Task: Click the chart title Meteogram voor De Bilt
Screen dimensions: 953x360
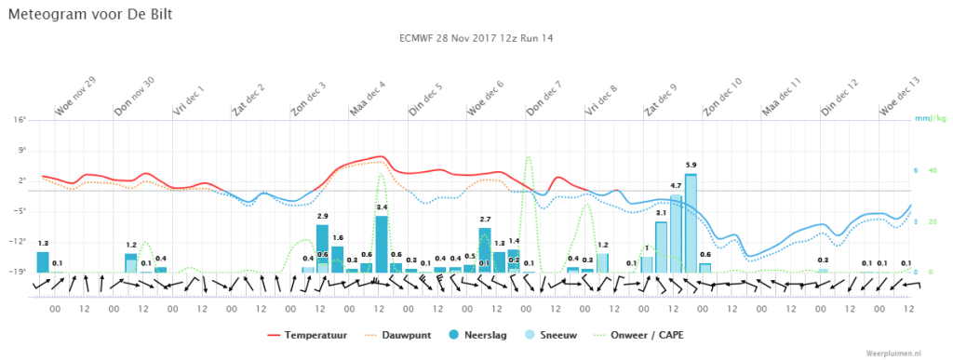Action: [x=89, y=15]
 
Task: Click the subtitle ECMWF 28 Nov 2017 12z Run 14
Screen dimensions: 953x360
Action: [x=476, y=38]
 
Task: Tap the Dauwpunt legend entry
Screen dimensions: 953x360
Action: [x=397, y=335]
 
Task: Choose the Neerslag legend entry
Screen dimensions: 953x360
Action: [x=477, y=335]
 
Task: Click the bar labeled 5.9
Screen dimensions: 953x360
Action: [x=691, y=223]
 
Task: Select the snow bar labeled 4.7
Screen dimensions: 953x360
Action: [x=676, y=233]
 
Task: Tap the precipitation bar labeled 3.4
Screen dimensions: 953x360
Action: [x=382, y=244]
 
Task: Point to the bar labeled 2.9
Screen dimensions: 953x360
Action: [x=322, y=248]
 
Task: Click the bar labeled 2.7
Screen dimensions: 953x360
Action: [x=484, y=250]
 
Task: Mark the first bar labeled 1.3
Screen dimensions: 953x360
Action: [x=43, y=262]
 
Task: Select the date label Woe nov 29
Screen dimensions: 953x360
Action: [x=76, y=97]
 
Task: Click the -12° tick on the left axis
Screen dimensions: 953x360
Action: [x=21, y=242]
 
